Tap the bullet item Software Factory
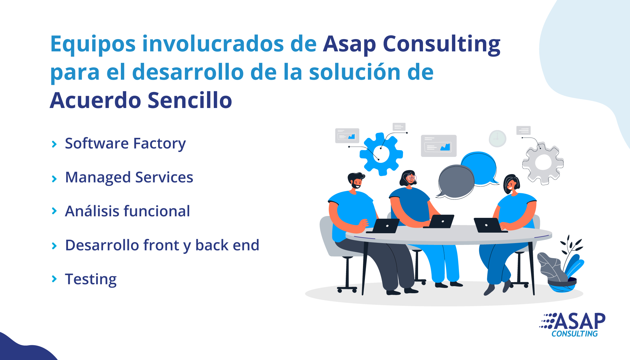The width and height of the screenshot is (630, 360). (x=126, y=144)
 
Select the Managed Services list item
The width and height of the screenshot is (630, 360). (x=129, y=178)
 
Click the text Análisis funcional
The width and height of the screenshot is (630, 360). (x=128, y=211)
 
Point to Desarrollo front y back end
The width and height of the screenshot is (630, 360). (x=162, y=246)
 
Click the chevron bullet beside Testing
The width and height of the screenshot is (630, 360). (x=54, y=279)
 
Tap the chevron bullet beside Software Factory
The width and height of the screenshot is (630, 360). (x=54, y=144)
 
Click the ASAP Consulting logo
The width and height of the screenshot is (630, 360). (x=572, y=325)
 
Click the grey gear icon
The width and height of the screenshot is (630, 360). (x=543, y=163)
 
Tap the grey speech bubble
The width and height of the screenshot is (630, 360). (x=456, y=182)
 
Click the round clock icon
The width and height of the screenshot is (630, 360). (x=497, y=138)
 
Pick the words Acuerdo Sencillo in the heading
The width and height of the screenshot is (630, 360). (x=141, y=101)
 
